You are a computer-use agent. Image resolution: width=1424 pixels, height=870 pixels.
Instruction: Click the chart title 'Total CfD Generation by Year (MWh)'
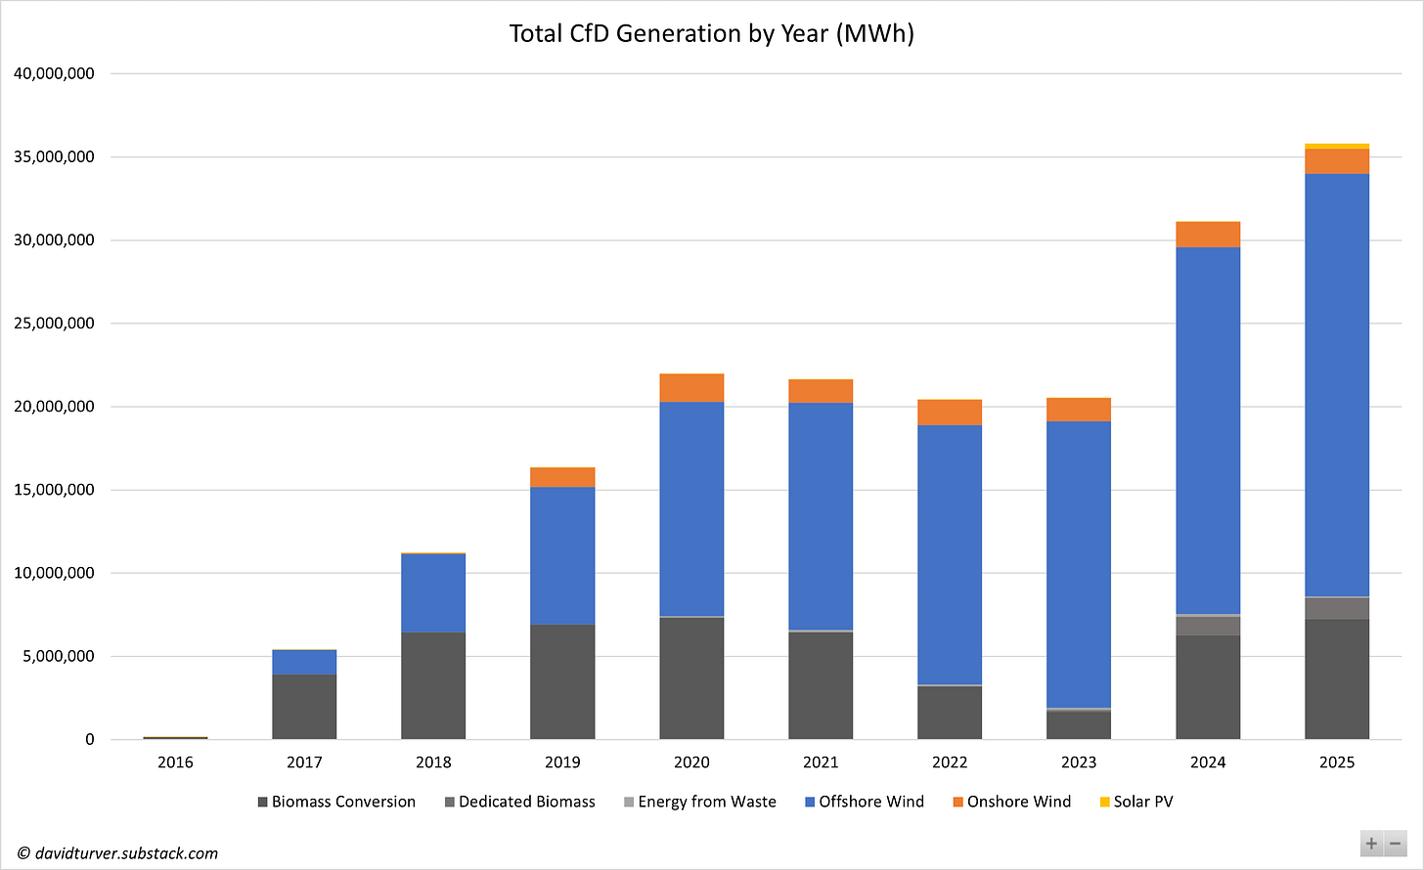point(711,34)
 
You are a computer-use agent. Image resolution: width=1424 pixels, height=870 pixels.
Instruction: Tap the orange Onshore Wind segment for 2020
point(691,388)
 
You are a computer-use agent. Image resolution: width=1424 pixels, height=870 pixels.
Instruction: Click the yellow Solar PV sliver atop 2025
point(1336,147)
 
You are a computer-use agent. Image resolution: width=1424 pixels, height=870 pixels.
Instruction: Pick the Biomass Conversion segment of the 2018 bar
point(433,685)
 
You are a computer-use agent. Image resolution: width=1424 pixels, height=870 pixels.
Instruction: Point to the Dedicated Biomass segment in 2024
point(1208,627)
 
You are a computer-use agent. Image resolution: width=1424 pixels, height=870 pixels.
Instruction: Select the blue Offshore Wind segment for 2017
point(304,662)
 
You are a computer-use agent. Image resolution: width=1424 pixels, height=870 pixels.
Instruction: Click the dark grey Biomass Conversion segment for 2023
point(1079,725)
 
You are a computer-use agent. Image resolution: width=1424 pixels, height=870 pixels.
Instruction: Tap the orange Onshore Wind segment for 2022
point(950,413)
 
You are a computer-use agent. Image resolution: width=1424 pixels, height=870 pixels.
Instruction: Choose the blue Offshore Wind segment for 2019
point(562,555)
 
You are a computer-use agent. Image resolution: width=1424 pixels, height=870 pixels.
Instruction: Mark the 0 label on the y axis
point(89,740)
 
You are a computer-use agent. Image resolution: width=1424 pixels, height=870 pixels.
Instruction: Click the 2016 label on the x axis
point(175,762)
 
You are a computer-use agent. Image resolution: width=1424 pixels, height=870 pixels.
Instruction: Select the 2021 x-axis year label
point(821,762)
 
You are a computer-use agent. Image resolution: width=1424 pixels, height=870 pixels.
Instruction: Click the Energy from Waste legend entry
point(706,802)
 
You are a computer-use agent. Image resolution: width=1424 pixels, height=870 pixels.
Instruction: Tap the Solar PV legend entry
point(1142,802)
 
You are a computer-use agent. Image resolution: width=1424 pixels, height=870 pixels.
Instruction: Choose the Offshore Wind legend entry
point(870,802)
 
